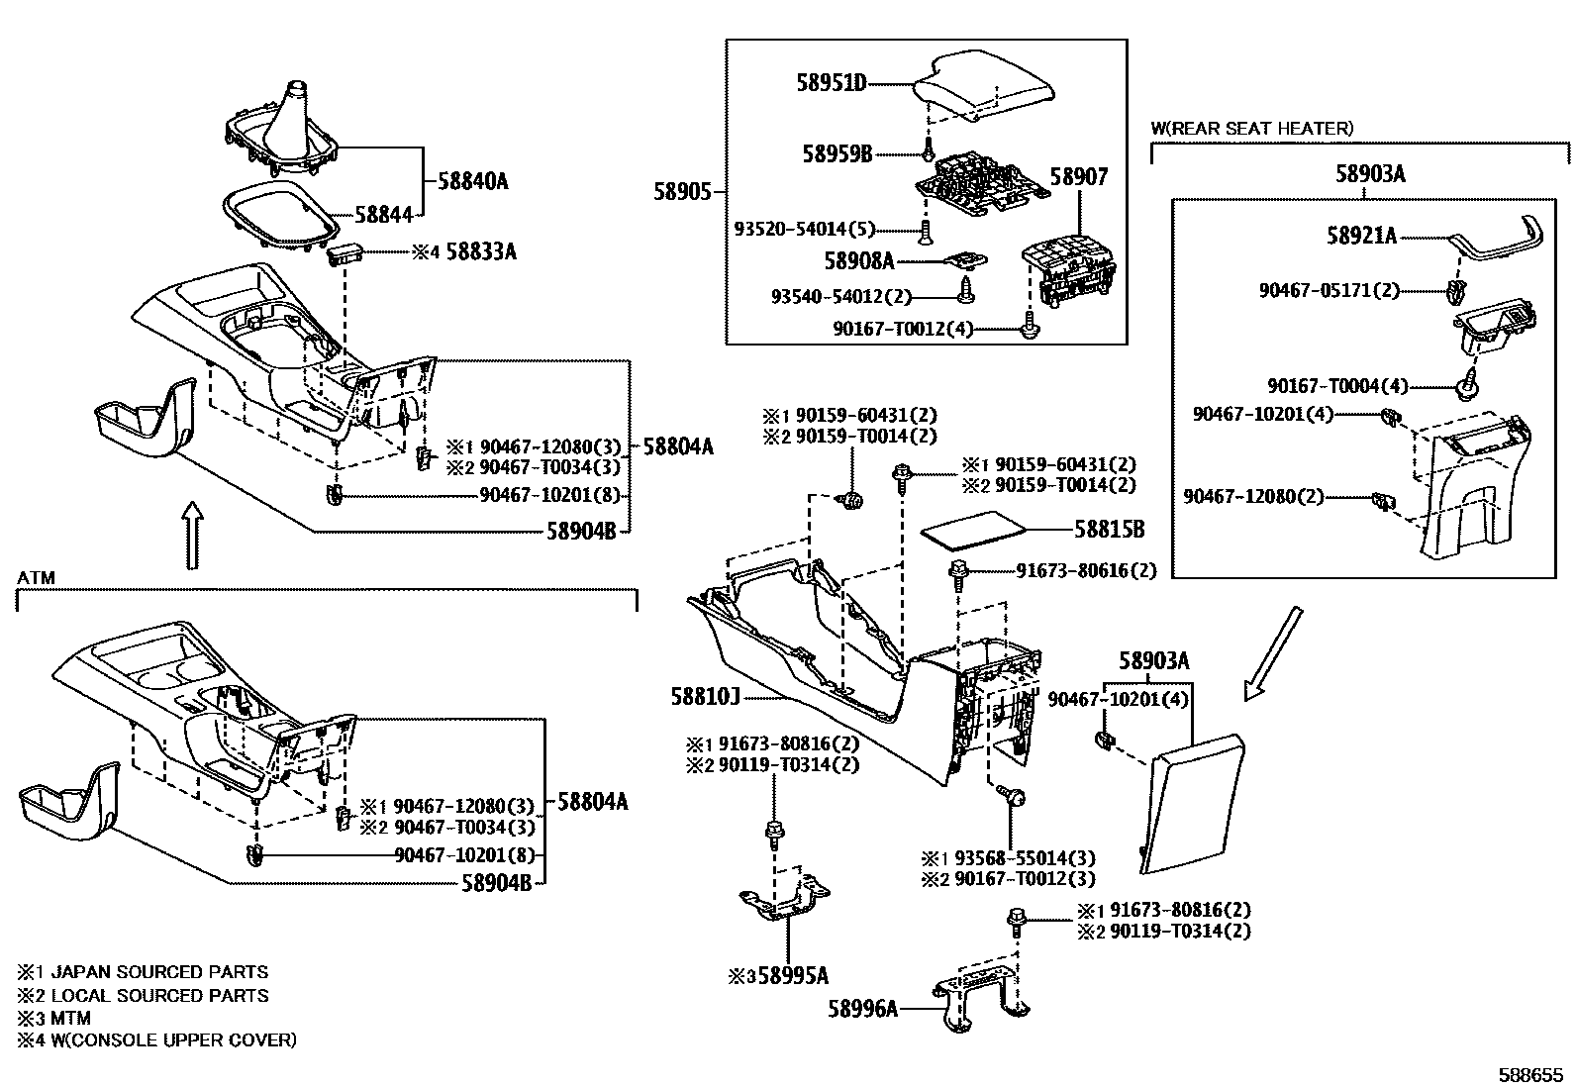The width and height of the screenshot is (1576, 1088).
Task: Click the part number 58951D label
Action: pos(832,83)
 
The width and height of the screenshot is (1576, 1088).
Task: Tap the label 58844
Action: pos(383,213)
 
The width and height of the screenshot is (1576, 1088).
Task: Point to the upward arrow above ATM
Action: pos(193,535)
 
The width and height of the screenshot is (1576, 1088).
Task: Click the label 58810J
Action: pos(706,697)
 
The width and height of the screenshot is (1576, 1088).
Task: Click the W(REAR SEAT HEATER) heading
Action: pos(1251,129)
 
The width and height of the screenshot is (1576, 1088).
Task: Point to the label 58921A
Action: pos(1361,236)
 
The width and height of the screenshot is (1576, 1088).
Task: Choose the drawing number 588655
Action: pos(1533,1074)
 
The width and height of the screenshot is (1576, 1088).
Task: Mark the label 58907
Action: pos(1078,177)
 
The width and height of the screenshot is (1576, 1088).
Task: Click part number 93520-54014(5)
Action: pos(804,229)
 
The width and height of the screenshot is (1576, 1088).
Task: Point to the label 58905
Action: pos(682,191)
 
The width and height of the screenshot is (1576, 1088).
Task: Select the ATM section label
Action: pos(36,577)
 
